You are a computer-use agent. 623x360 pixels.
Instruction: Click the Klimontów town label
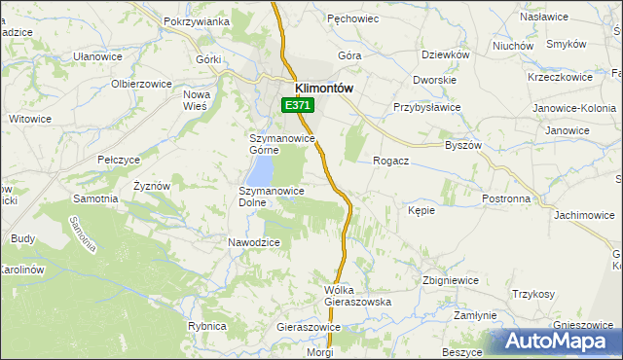(316, 86)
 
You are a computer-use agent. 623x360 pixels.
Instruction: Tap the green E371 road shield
(297, 105)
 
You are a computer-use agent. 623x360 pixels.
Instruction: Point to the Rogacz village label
(390, 162)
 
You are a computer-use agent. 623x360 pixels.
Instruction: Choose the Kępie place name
(421, 210)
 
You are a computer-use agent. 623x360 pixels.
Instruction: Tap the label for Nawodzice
(254, 242)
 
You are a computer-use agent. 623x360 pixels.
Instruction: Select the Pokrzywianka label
(197, 21)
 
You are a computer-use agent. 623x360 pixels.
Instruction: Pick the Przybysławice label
(425, 108)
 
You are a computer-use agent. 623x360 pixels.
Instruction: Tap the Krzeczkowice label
(560, 76)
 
